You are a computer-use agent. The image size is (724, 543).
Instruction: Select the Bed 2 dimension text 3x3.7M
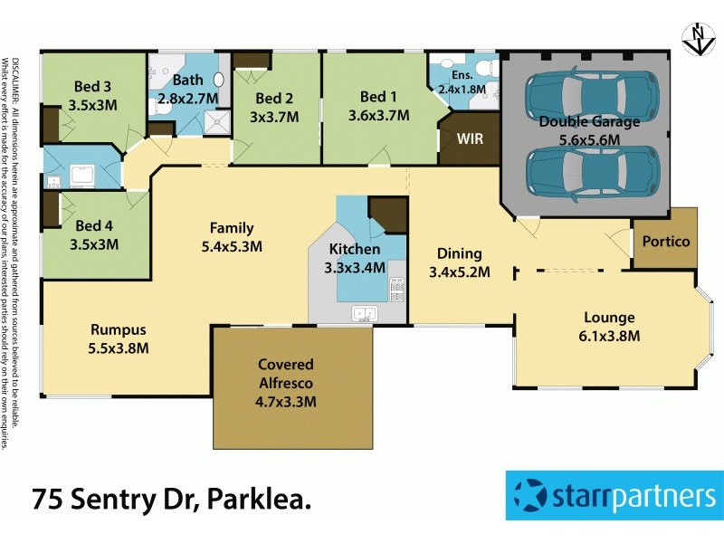click(x=274, y=116)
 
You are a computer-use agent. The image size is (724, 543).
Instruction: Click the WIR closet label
click(x=470, y=140)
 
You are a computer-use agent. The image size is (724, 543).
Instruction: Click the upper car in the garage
click(x=593, y=92)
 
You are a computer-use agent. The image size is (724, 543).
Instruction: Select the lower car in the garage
click(x=593, y=171)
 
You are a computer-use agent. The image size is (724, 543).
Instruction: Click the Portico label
click(x=665, y=242)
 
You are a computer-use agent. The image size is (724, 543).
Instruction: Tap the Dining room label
click(x=459, y=253)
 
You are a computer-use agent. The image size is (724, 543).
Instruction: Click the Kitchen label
click(x=354, y=249)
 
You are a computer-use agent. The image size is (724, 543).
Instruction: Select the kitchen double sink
click(x=366, y=314)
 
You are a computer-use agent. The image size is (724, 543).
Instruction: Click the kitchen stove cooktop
click(x=396, y=289)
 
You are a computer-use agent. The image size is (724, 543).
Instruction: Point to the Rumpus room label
click(x=118, y=329)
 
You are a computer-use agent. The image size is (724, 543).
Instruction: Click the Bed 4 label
click(x=93, y=225)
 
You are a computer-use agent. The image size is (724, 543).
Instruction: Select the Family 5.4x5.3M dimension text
click(x=231, y=246)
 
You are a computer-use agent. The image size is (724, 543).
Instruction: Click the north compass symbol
click(x=695, y=39)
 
